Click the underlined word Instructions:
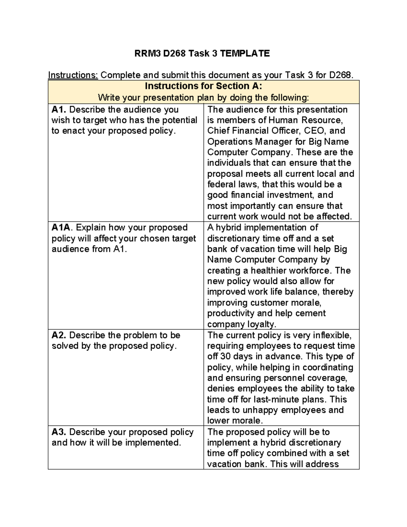73,75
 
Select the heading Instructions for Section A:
203,86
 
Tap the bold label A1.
59,110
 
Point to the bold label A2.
59,335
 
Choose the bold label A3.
59,432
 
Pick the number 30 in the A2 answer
225,356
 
